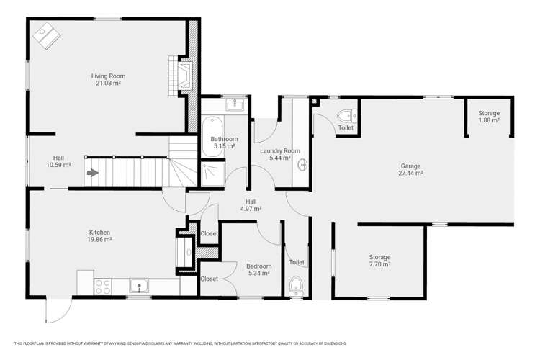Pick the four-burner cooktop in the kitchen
[102, 287]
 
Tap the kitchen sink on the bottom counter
[139, 287]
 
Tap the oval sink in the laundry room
[302, 165]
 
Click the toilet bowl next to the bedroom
[296, 287]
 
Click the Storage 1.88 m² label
[488, 117]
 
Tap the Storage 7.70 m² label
[379, 261]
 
